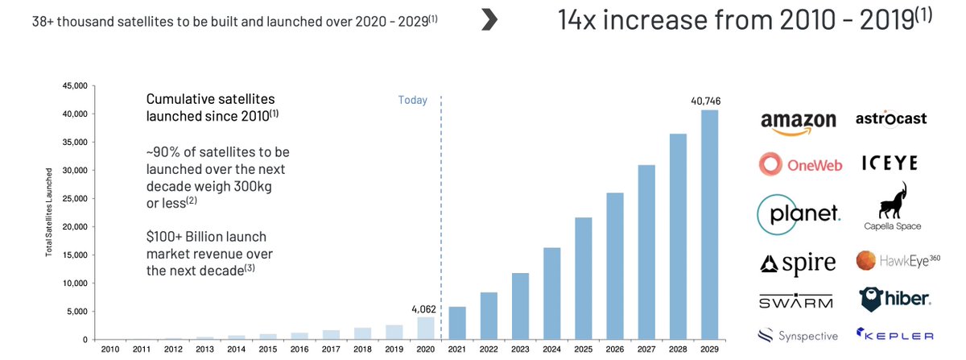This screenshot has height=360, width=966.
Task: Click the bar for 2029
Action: pyautogui.click(x=709, y=225)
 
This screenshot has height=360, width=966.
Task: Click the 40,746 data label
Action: pyautogui.click(x=708, y=101)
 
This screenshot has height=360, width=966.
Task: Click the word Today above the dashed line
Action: pyautogui.click(x=413, y=101)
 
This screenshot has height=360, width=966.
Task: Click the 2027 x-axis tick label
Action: pyautogui.click(x=646, y=348)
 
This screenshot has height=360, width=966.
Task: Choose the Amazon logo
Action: pyautogui.click(x=799, y=122)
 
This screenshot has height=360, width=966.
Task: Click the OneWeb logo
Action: pyautogui.click(x=800, y=165)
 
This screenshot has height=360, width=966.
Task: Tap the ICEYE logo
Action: pyautogui.click(x=890, y=163)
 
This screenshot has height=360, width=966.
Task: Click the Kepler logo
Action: pyautogui.click(x=894, y=335)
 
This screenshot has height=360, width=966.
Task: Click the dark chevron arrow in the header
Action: pyautogui.click(x=488, y=23)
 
